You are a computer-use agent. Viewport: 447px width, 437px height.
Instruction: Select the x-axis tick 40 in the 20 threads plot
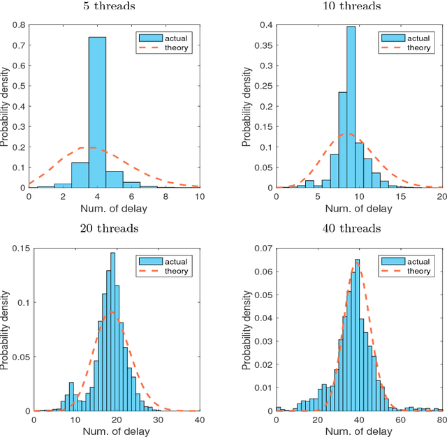point(198,420)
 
